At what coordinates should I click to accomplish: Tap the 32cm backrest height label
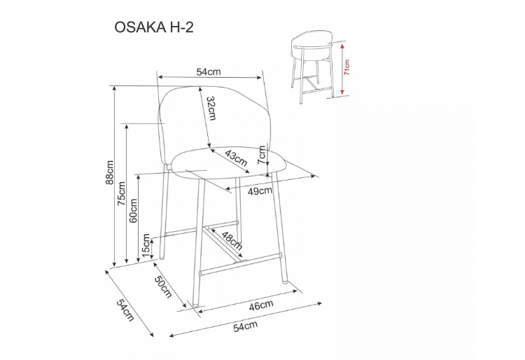[210, 108]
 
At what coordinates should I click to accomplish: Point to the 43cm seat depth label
[236, 158]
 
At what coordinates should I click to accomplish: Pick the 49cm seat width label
[260, 191]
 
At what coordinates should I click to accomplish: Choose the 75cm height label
[122, 193]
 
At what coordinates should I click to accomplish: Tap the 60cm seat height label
[134, 211]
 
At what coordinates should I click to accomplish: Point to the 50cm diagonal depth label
[163, 286]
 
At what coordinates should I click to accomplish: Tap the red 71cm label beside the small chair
[347, 68]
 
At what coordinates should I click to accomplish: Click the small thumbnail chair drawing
[312, 67]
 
